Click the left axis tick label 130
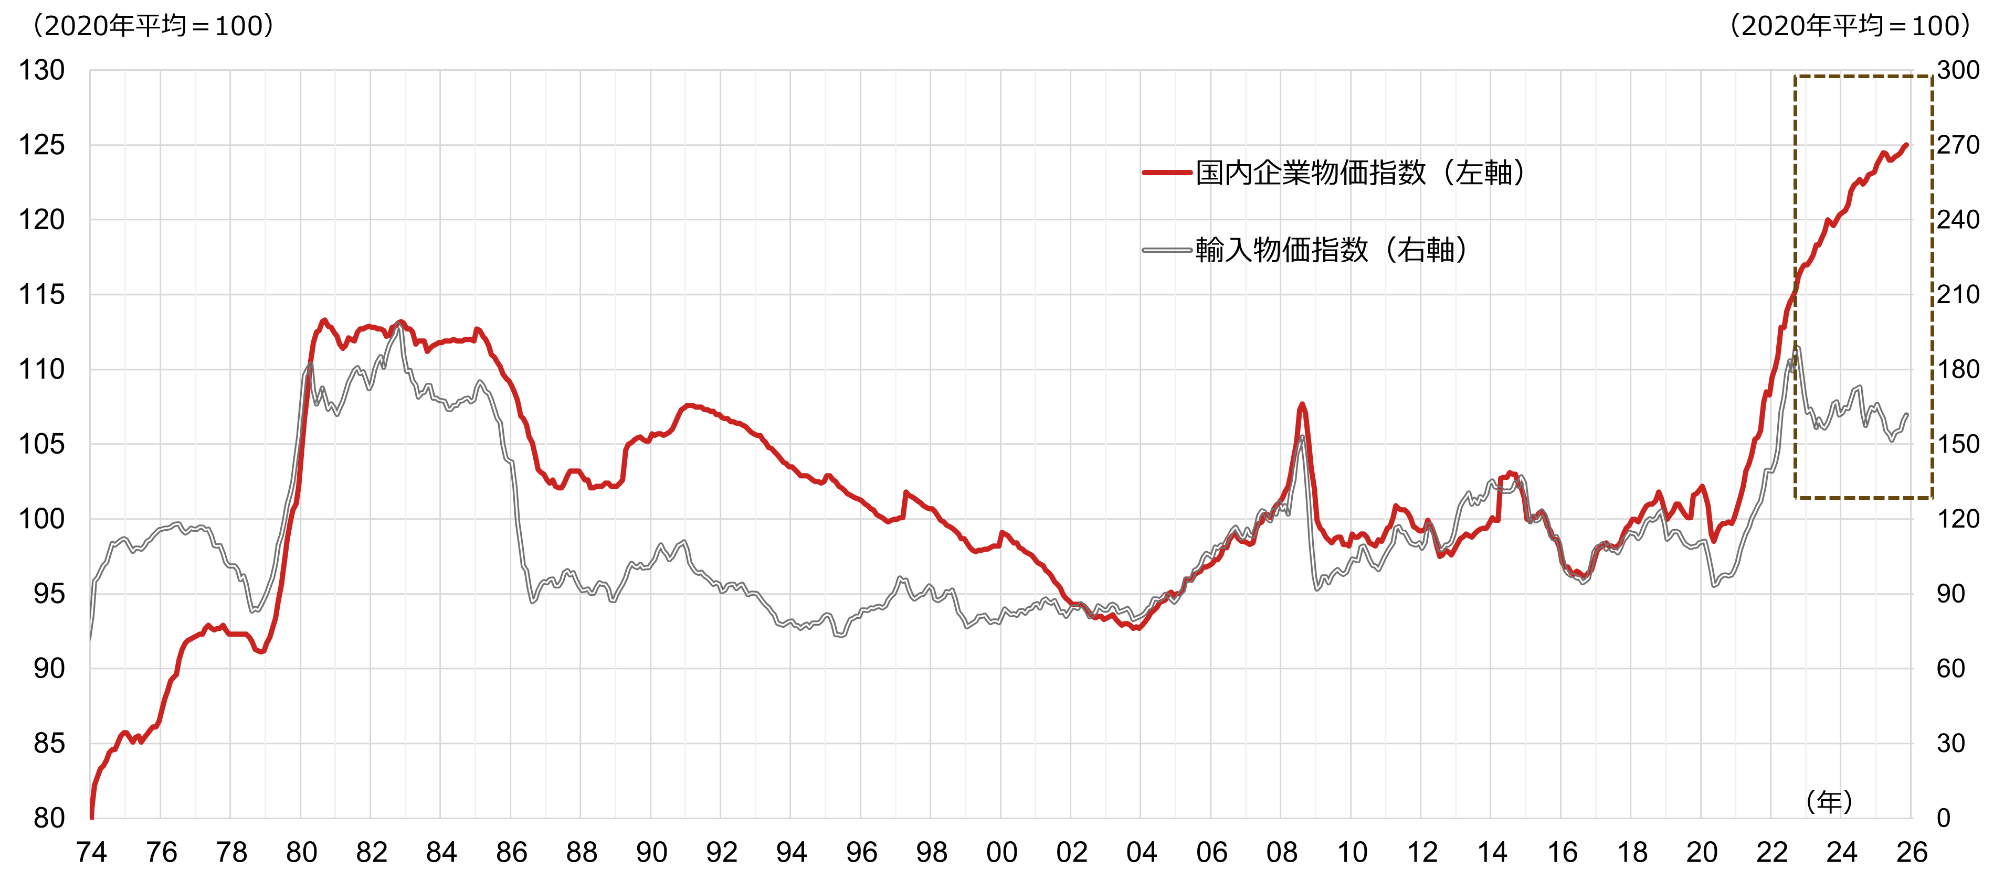tap(41, 71)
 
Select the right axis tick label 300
tap(1958, 71)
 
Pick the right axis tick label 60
tap(1951, 669)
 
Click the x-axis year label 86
tap(511, 853)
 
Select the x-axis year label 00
tap(1001, 853)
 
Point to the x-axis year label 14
tap(1492, 853)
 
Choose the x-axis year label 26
tap(1912, 853)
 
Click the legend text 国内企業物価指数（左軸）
tap(1360, 173)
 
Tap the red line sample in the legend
tap(1167, 173)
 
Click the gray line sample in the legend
tap(1167, 250)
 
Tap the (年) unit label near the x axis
tap(1829, 802)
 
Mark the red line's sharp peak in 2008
tap(1302, 405)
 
